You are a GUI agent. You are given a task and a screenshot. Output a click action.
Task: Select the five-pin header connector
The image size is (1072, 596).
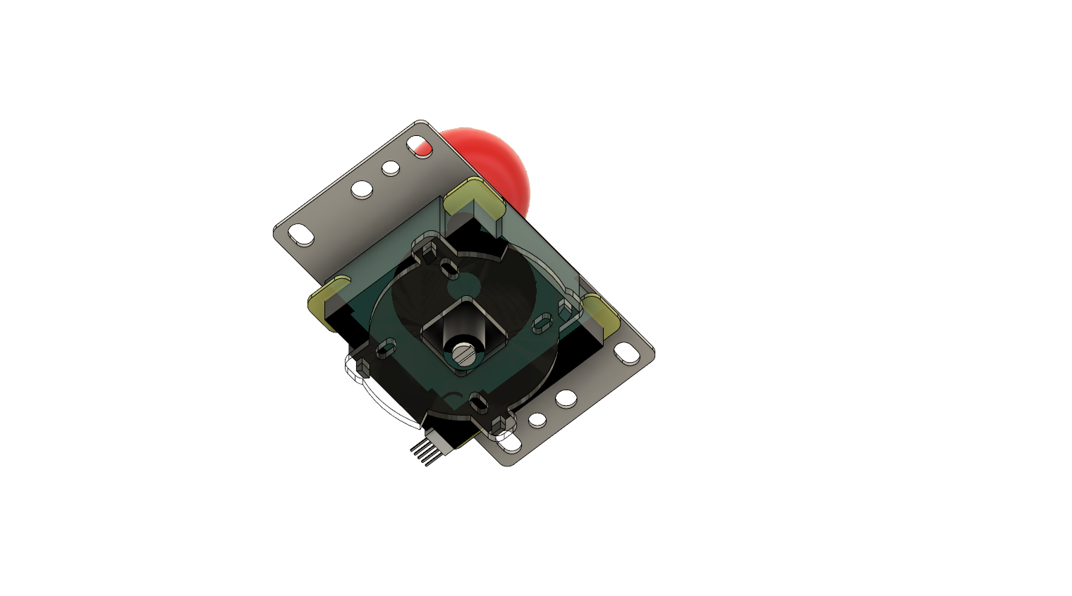click(x=427, y=451)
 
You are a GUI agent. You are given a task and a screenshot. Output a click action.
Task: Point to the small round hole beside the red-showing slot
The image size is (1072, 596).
click(x=391, y=168)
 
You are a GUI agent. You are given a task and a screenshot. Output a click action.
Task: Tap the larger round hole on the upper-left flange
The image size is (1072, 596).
click(x=362, y=189)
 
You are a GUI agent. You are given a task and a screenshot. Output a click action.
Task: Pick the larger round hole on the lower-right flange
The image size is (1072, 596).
click(x=566, y=399)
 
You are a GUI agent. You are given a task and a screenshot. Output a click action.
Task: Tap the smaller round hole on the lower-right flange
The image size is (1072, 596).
click(x=537, y=421)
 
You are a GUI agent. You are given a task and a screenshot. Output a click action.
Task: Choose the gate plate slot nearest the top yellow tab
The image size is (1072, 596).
click(x=448, y=268)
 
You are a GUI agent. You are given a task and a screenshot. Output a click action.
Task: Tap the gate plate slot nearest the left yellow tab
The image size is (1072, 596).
click(x=386, y=348)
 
